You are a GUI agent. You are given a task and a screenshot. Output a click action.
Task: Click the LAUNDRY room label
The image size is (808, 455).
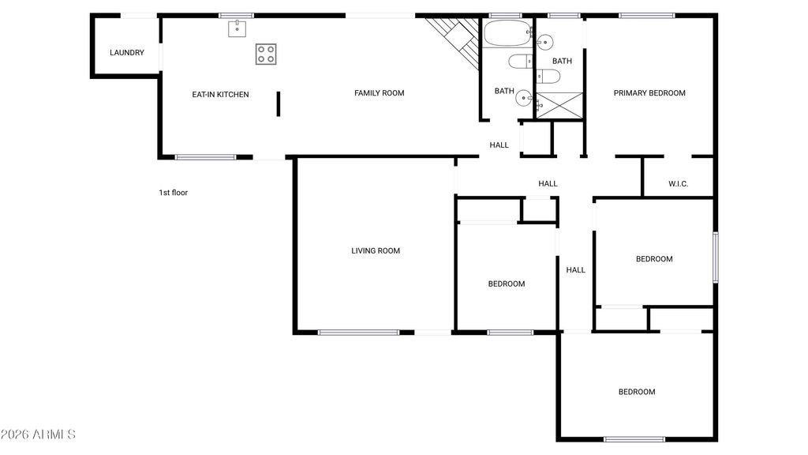tap(126, 53)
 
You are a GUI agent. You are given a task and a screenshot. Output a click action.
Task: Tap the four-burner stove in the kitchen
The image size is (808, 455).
tap(266, 54)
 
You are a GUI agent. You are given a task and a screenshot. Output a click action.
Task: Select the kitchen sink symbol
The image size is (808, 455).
tap(237, 29)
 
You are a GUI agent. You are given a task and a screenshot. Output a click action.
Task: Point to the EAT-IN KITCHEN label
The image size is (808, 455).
tap(220, 95)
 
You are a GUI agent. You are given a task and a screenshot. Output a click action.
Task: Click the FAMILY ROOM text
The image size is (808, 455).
tap(379, 93)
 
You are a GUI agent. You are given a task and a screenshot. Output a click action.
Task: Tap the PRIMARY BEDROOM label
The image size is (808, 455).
tap(649, 93)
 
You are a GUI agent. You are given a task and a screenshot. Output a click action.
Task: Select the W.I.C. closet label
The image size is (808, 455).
tap(678, 184)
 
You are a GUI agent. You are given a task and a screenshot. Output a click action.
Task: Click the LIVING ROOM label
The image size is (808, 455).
tap(376, 251)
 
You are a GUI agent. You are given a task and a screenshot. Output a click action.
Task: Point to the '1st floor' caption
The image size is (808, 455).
tap(174, 192)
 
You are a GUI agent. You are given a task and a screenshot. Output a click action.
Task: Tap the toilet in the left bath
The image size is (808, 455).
tap(520, 61)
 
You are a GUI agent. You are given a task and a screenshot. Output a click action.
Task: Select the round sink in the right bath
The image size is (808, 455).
tap(544, 41)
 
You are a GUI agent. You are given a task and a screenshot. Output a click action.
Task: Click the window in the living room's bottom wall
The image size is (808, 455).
tap(358, 332)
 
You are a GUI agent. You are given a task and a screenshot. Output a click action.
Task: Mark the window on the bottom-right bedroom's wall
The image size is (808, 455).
tap(634, 438)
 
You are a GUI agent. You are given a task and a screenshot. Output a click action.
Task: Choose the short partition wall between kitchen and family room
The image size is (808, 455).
tap(279, 103)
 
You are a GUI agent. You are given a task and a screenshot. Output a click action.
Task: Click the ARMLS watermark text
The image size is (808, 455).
tap(38, 434)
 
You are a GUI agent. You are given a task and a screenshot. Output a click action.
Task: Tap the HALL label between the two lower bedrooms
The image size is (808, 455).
tap(576, 270)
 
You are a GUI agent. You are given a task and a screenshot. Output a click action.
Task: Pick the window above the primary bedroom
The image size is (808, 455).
tap(646, 15)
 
